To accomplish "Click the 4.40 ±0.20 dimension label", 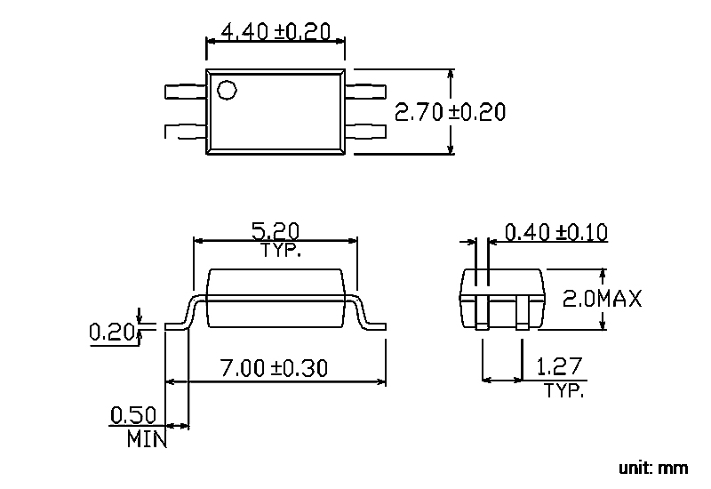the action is coord(276,32).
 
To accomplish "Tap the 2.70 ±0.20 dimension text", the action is coord(450,112).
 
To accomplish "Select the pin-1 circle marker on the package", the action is coord(227,90).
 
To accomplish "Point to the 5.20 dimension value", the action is coord(276,231).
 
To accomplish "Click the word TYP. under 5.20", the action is coord(281,250).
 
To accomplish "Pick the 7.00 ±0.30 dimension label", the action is coord(274,368).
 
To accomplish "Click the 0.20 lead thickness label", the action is coord(112,332).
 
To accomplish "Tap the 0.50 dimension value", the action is coord(133,415).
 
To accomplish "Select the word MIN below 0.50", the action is coord(147,439).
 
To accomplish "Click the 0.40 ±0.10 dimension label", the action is coord(556,232).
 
